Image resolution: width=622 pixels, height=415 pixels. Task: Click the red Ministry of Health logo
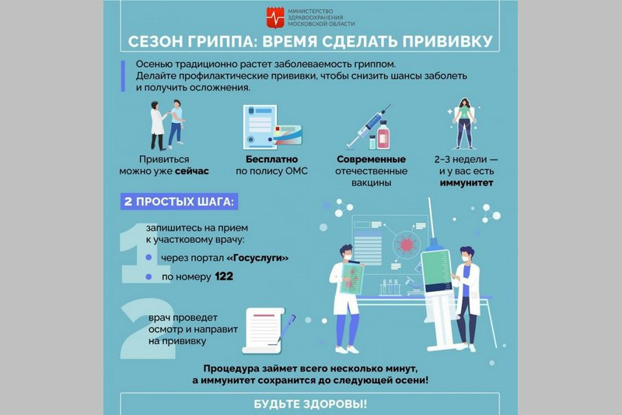(275, 17)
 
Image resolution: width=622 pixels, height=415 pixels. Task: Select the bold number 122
(224, 276)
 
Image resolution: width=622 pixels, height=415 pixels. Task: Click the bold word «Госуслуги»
(257, 258)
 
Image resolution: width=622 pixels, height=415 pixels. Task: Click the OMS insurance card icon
(288, 135)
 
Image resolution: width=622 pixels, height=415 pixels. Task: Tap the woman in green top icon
(464, 123)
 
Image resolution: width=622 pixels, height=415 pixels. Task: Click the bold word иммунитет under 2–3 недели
(466, 183)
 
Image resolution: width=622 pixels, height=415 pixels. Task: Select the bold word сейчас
(191, 171)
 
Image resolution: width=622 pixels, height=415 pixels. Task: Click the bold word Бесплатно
(271, 160)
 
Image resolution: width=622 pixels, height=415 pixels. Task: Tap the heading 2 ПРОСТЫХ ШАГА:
(179, 202)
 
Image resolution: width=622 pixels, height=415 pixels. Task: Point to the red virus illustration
(406, 244)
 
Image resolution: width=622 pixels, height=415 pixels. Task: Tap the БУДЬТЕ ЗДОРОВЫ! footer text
(310, 404)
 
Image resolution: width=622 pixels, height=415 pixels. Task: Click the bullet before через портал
(149, 258)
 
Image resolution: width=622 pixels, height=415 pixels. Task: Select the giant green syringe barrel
(436, 271)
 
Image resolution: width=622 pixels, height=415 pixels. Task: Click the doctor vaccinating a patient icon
(167, 125)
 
